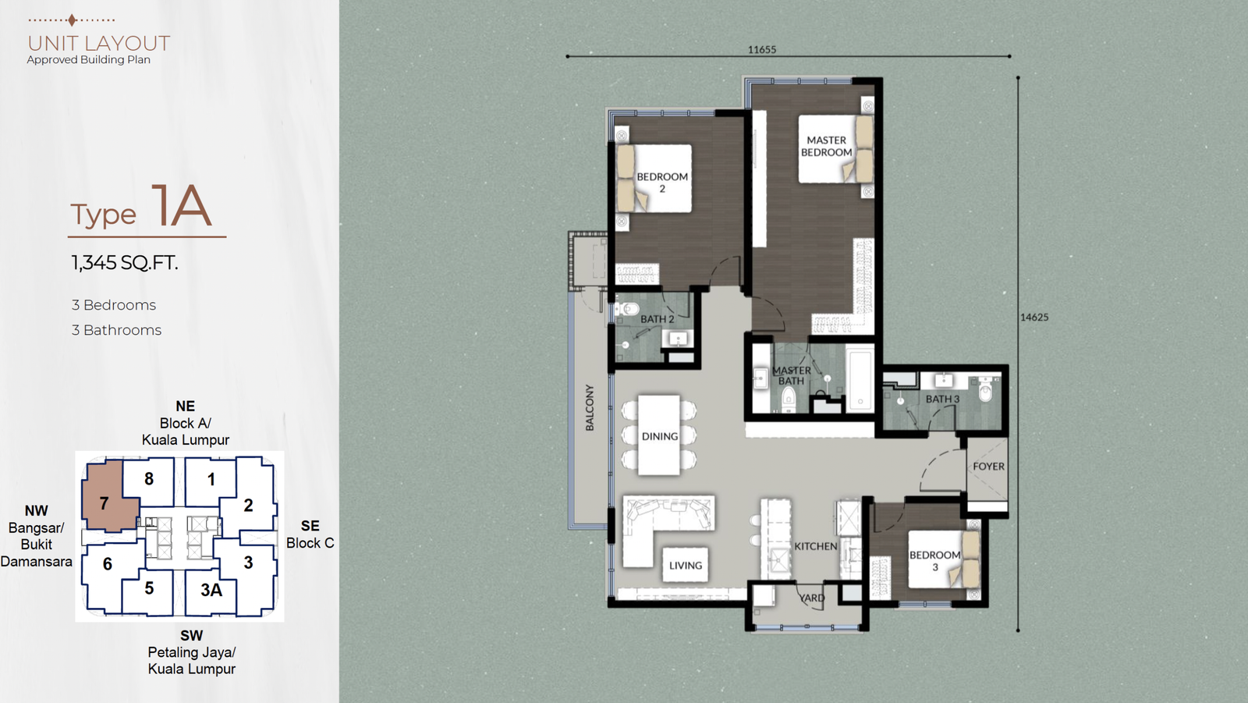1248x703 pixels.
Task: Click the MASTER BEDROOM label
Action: (x=826, y=146)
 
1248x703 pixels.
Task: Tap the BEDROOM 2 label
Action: (x=662, y=183)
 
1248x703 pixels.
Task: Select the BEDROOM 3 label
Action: (x=935, y=561)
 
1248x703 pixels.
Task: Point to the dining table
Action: (x=659, y=435)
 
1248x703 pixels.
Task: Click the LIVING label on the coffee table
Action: (x=686, y=566)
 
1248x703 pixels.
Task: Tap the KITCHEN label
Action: (x=816, y=546)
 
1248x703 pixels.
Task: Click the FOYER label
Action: (x=988, y=466)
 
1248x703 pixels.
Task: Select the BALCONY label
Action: (x=590, y=407)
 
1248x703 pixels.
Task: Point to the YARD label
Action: (x=812, y=598)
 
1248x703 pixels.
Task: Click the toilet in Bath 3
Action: (x=986, y=389)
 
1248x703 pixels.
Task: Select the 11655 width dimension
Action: (x=761, y=50)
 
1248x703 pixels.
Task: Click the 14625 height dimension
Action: (x=1034, y=318)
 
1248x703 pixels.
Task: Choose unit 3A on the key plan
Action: (x=211, y=590)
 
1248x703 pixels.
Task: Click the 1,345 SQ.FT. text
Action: (x=125, y=263)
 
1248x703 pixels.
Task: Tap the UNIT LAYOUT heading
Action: (x=98, y=44)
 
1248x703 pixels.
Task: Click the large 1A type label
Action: (x=181, y=205)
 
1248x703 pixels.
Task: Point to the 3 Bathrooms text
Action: (x=116, y=330)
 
